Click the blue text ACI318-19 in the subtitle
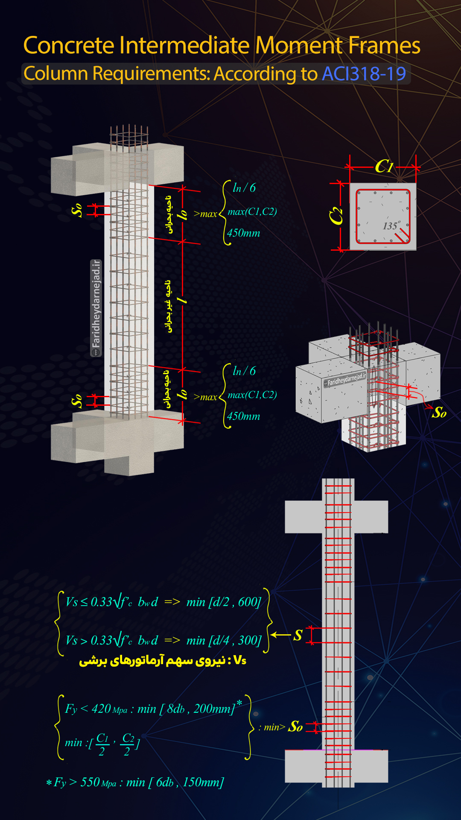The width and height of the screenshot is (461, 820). (x=364, y=73)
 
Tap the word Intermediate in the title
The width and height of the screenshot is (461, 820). (x=184, y=45)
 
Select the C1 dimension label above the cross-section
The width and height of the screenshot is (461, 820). (x=384, y=167)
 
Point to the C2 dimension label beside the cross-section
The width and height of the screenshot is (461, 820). (x=336, y=216)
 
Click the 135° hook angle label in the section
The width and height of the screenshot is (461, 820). (x=391, y=225)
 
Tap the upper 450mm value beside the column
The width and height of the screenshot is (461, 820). (x=243, y=233)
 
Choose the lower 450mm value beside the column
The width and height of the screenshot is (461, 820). (x=243, y=416)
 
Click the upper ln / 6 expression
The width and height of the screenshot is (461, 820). (x=244, y=188)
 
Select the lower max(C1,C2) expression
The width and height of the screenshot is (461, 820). (x=252, y=395)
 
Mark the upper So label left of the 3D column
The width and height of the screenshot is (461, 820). (x=77, y=210)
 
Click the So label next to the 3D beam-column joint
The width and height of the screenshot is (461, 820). (x=439, y=413)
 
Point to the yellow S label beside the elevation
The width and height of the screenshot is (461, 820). (x=298, y=635)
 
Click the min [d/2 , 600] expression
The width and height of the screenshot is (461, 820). (x=224, y=602)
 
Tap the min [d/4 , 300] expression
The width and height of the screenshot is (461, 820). (x=224, y=640)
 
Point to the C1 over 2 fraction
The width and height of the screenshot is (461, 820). (x=102, y=744)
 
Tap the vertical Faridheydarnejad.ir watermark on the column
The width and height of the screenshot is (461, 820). (x=96, y=308)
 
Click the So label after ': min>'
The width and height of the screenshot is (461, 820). (x=296, y=726)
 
